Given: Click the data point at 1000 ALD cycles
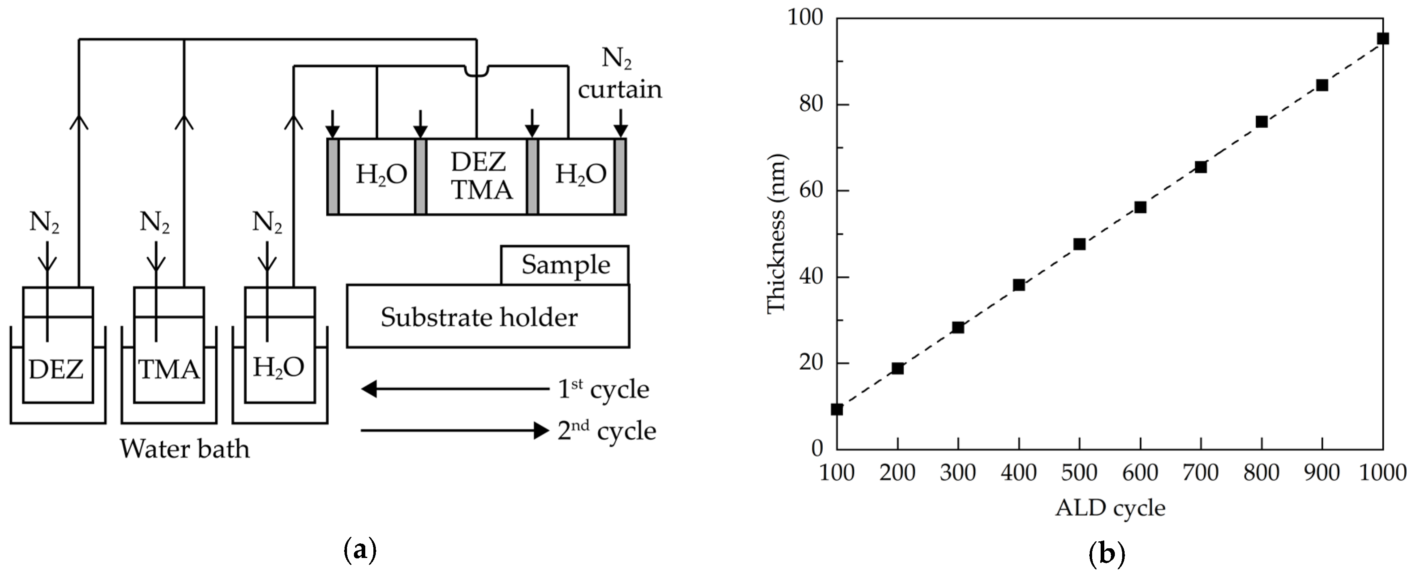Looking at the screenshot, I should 1382,39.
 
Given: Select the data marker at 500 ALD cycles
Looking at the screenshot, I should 1079,244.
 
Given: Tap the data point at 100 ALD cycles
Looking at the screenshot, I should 836,409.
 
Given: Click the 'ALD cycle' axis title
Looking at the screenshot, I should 1110,508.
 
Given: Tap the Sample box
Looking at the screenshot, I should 565,265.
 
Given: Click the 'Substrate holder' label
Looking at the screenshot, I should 479,317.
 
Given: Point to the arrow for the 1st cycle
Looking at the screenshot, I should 455,390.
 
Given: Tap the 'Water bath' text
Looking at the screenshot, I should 185,449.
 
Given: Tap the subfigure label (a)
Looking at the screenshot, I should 360,550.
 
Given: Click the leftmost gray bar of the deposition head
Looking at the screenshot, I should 333,177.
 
